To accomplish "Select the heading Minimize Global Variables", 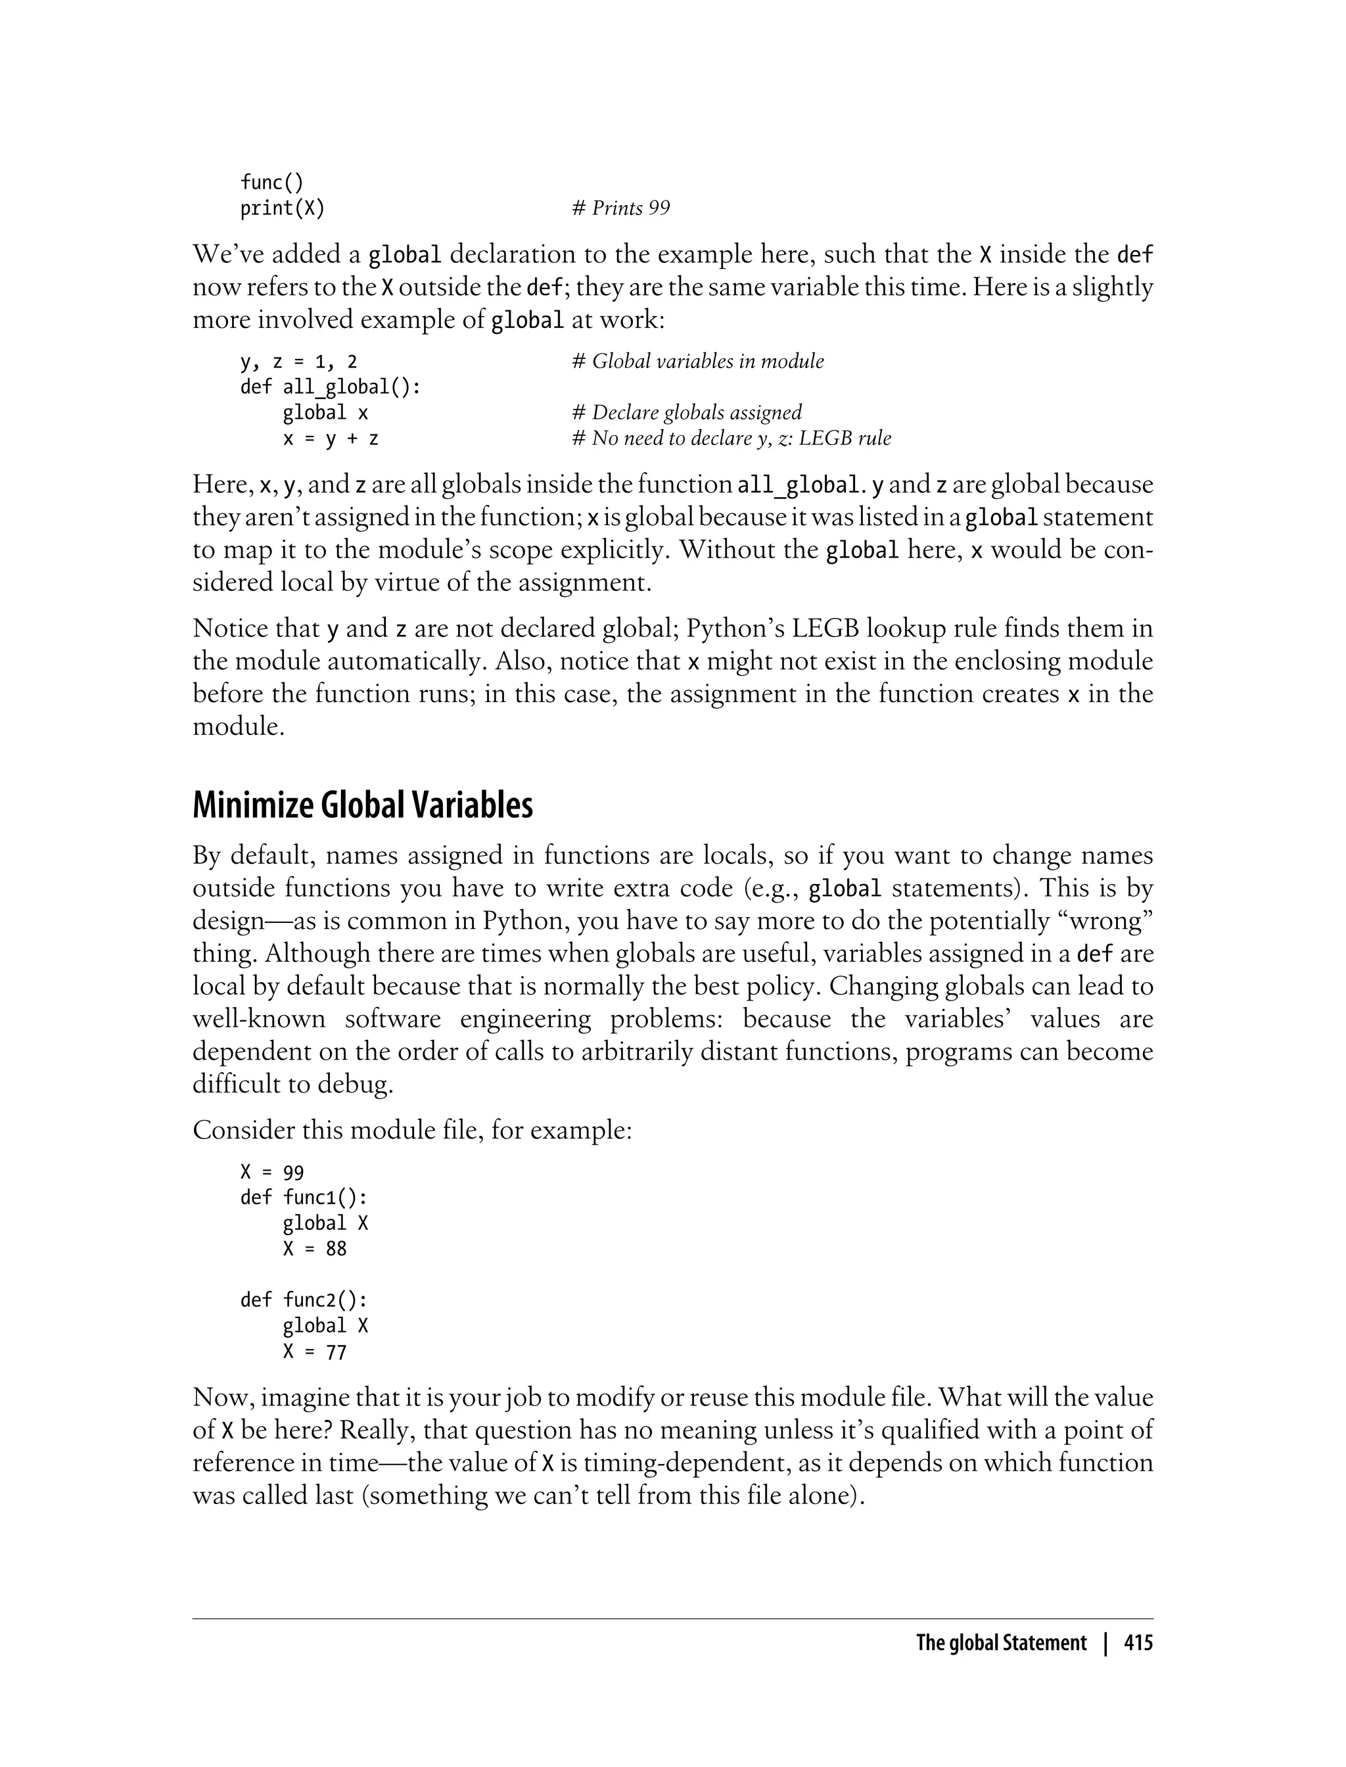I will [x=362, y=805].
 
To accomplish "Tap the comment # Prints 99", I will [x=621, y=208].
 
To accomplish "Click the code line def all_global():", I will [x=331, y=387].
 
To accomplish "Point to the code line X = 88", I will [x=314, y=1248].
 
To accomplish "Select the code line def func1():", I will [x=304, y=1197].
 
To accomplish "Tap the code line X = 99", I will [x=272, y=1171].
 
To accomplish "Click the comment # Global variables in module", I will [x=698, y=362].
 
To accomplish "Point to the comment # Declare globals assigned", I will [x=687, y=413].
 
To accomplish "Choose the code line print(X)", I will [x=283, y=208].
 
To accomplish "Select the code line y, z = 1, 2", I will [x=299, y=362].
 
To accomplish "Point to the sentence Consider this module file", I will [x=413, y=1130].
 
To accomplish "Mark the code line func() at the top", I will [x=272, y=183].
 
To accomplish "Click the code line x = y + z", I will [x=330, y=438].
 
